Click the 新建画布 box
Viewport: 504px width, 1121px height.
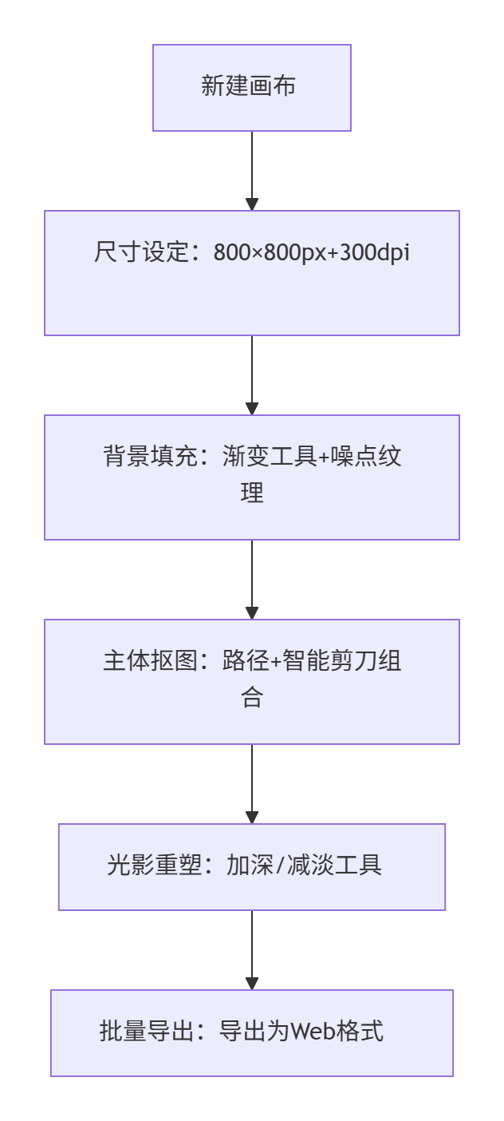[x=252, y=88]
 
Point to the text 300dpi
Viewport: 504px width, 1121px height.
[x=375, y=252]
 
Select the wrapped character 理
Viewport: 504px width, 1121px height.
[x=252, y=493]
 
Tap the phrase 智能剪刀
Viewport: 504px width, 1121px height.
[x=329, y=660]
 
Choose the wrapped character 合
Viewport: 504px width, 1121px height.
[x=252, y=697]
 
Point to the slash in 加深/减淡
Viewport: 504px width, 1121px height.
[x=281, y=865]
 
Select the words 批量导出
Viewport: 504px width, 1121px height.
[x=147, y=1031]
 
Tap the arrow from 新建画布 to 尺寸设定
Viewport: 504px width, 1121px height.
[x=252, y=171]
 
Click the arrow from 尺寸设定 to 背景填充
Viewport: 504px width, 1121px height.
[x=252, y=375]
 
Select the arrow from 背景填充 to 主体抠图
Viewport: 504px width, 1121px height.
[x=252, y=580]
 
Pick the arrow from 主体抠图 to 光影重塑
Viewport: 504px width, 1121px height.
[x=252, y=784]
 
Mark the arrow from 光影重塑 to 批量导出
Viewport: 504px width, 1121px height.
[x=252, y=950]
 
